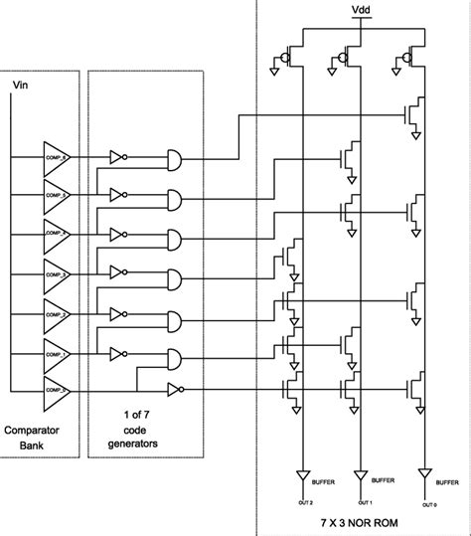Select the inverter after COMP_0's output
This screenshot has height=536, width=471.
(x=176, y=389)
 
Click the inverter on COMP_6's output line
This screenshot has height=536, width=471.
(x=118, y=156)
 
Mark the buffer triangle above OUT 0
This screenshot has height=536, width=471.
(x=424, y=473)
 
